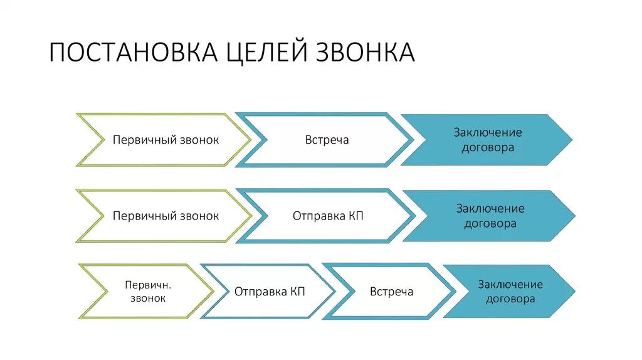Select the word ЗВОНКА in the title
coord(364,53)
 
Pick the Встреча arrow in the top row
coord(327,140)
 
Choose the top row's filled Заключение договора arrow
coord(487,140)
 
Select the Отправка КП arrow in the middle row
coord(328,216)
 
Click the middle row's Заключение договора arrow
coord(490,216)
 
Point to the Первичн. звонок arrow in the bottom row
coord(148,291)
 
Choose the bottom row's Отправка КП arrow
coord(270,292)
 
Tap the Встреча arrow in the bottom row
coord(391,292)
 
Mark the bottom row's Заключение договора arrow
coord(510,292)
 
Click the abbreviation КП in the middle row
coord(355,216)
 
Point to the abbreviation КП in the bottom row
coord(297,292)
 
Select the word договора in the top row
coord(487,148)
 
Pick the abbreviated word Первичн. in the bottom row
coord(148,285)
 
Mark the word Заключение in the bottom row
coord(510,284)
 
